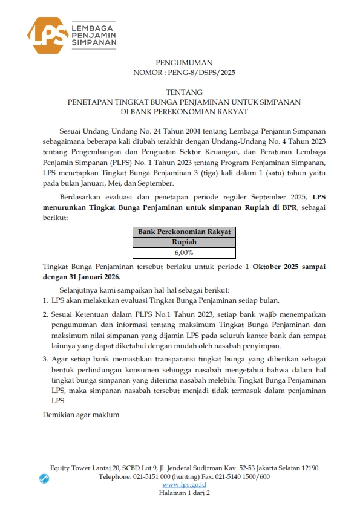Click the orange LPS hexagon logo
47,35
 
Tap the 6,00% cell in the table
184,253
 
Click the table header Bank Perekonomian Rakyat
184,232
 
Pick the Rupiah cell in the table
184,242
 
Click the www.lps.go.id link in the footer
184,485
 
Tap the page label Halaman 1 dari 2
184,493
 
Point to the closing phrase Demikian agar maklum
82,415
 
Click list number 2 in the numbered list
45,315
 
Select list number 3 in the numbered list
45,359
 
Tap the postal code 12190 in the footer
308,468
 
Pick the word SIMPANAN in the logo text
94,44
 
